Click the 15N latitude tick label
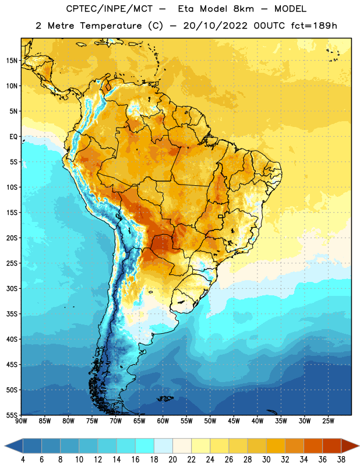pos(12,61)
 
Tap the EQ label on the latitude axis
pos(13,137)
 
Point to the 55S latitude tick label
pos(12,415)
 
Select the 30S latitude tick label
pos(12,288)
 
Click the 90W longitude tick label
pos(21,421)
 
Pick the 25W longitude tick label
pos(328,421)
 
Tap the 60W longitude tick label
pos(163,421)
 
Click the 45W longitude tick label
pos(234,421)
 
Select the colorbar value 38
pos(341,460)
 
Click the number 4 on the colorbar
pos(23,460)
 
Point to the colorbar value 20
pos(172,460)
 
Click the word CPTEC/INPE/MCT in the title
pos(109,9)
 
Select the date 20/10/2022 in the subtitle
pos(215,26)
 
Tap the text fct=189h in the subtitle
pos(314,26)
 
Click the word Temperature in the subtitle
pos(111,26)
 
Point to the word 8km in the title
pos(243,9)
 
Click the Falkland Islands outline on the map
pos(165,398)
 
